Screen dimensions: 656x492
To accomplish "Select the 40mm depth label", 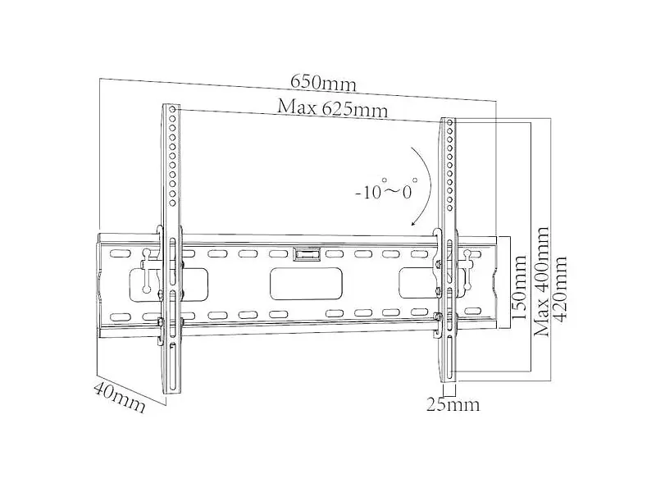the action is pyautogui.click(x=120, y=397).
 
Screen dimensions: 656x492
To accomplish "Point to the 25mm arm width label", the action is pyautogui.click(x=453, y=404).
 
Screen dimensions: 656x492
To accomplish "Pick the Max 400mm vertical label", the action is pyautogui.click(x=541, y=282).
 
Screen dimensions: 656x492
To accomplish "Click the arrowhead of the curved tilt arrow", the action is pyautogui.click(x=414, y=223).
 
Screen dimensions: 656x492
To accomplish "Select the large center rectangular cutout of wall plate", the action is pyautogui.click(x=306, y=283).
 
